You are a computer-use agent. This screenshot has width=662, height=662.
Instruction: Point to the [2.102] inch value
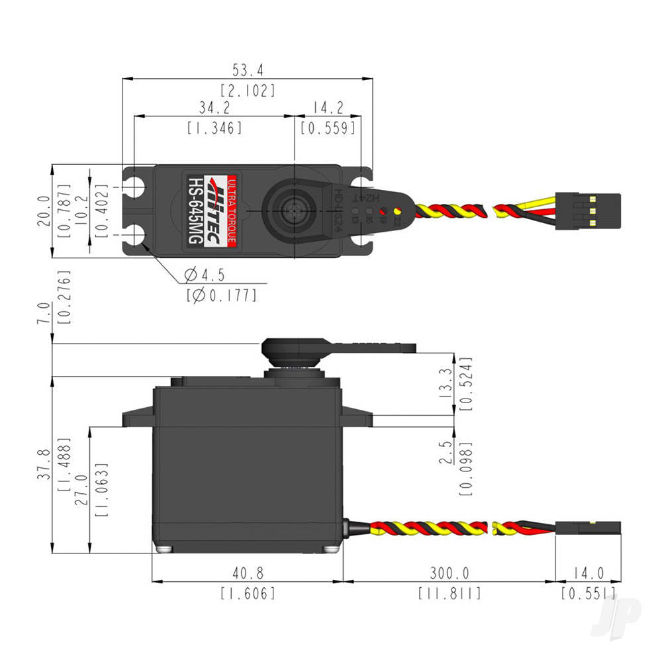pyautogui.click(x=248, y=91)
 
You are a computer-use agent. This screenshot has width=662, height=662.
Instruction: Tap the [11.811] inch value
pyautogui.click(x=449, y=592)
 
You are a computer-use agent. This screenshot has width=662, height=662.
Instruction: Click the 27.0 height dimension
pyautogui.click(x=81, y=489)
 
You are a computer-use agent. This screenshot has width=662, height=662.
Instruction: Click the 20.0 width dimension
pyautogui.click(x=44, y=211)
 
